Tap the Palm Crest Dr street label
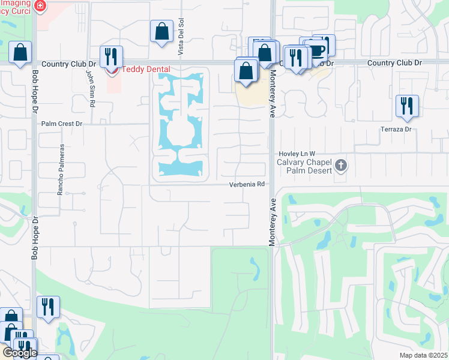tap(61, 124)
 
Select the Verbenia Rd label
tap(247, 185)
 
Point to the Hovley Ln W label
tap(297, 154)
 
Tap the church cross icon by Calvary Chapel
tap(341, 165)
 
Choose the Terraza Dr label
tap(397, 129)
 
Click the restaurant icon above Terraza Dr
tap(407, 106)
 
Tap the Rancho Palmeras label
tap(61, 178)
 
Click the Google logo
tap(20, 353)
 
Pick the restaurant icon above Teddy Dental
tap(111, 56)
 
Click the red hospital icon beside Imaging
tap(40, 7)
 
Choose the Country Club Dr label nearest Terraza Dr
tap(394, 63)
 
